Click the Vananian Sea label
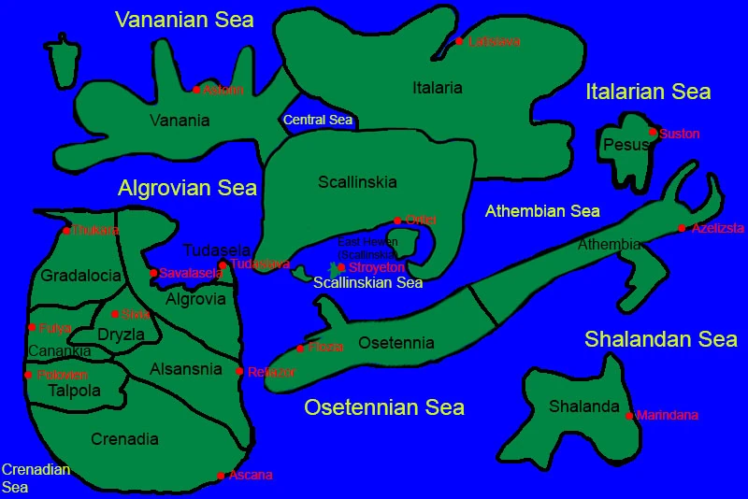[x=184, y=20]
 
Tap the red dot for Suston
[x=653, y=133]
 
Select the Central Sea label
[x=318, y=120]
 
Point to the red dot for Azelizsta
[x=683, y=228]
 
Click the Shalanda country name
[x=584, y=406]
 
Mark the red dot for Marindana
[x=629, y=416]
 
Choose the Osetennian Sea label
[x=384, y=407]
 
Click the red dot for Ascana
[x=221, y=476]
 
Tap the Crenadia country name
[x=124, y=438]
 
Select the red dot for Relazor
[x=240, y=371]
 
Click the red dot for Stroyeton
[x=342, y=267]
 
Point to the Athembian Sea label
[x=542, y=211]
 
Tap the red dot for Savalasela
[x=153, y=273]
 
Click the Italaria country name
[x=438, y=88]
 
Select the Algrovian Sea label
[x=187, y=188]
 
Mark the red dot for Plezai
[x=300, y=349]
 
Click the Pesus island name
[x=620, y=145]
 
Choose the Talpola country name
[x=75, y=392]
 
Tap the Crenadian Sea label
[x=36, y=478]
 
